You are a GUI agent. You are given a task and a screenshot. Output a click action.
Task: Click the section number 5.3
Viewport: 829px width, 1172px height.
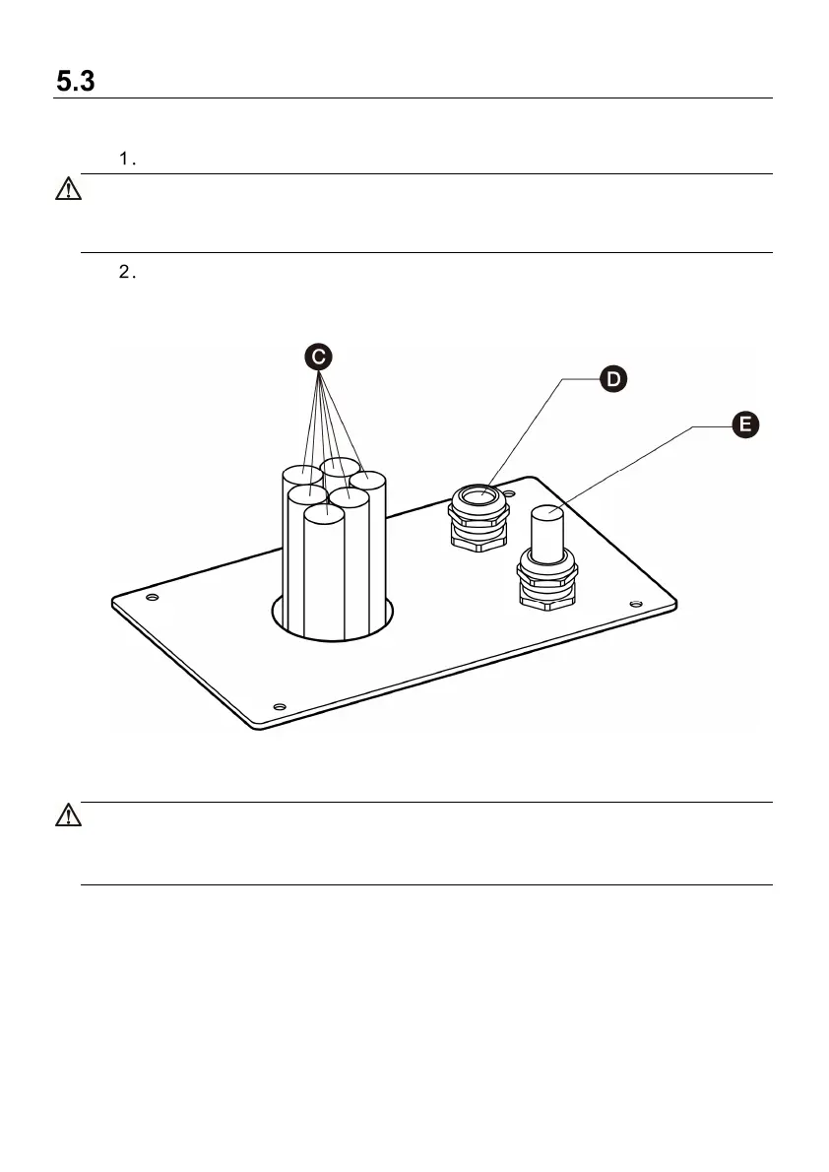[75, 83]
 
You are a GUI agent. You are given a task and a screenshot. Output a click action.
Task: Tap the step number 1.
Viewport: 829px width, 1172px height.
[125, 160]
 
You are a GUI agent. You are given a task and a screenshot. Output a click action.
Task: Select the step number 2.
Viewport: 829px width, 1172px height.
[125, 273]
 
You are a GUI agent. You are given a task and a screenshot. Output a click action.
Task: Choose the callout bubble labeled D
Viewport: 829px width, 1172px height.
[611, 379]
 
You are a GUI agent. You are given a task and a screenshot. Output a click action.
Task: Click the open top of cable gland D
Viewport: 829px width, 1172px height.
[478, 494]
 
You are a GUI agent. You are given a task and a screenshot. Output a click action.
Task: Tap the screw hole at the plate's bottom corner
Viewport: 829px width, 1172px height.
[279, 706]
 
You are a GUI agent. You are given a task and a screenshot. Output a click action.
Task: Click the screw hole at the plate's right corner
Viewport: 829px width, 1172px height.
[635, 603]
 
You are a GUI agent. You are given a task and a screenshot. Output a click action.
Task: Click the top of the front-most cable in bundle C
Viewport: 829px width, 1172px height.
[323, 514]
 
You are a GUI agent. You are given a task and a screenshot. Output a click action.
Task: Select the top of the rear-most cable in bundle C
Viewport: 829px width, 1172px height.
[340, 467]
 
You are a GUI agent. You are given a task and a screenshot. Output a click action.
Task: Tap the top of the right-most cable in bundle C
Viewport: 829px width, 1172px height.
[367, 481]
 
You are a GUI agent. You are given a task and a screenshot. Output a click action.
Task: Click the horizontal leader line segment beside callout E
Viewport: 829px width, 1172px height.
[710, 426]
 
